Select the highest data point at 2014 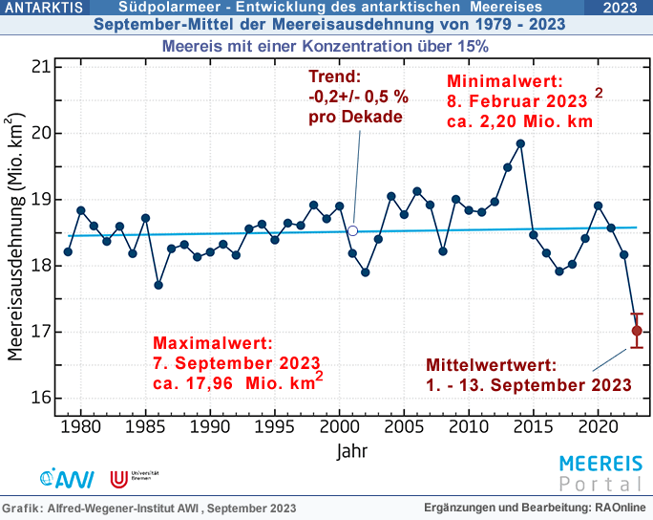(520, 143)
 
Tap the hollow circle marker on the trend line (352, 230)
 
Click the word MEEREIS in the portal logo (600, 464)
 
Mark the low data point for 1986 (158, 285)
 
